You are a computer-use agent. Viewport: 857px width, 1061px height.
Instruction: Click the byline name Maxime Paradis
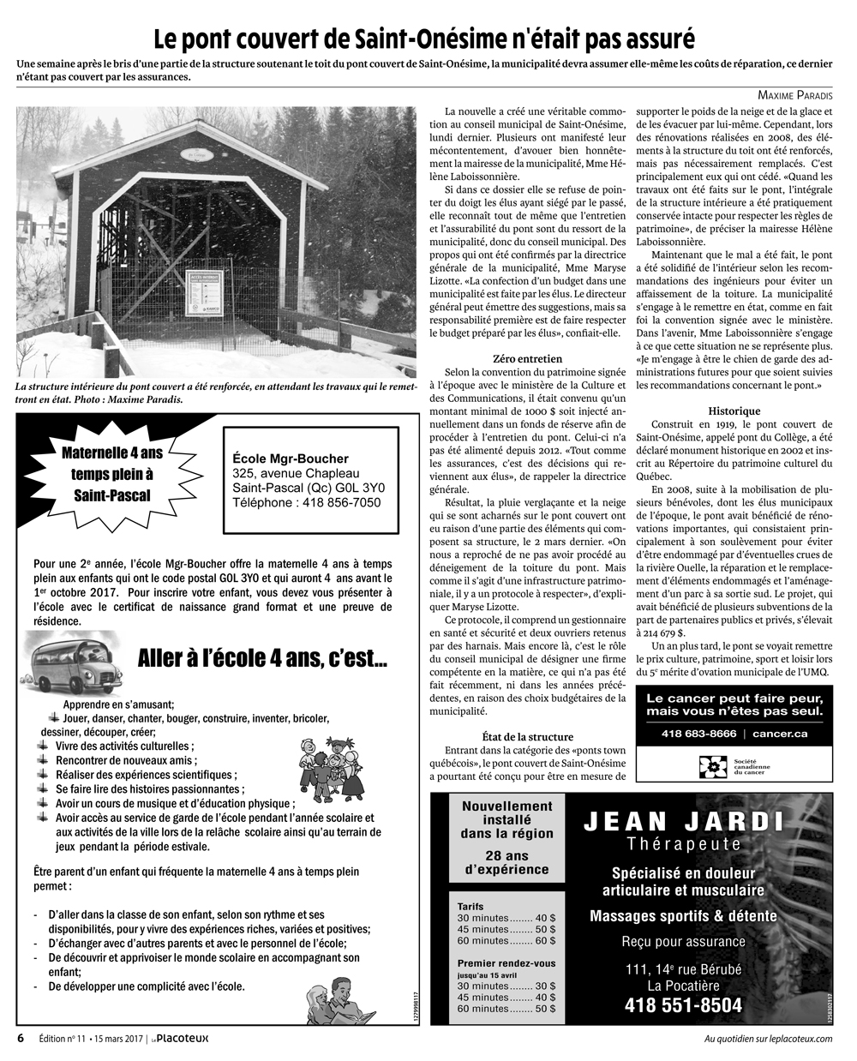[795, 95]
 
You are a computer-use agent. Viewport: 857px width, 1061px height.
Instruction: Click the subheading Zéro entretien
[528, 358]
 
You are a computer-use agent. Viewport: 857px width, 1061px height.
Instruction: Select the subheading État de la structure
[528, 736]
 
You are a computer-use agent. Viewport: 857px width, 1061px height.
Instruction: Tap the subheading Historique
[735, 411]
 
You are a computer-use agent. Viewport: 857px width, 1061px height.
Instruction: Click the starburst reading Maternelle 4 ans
[112, 473]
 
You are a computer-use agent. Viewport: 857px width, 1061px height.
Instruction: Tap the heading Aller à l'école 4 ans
[262, 658]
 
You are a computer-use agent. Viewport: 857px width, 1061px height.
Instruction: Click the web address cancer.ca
[779, 734]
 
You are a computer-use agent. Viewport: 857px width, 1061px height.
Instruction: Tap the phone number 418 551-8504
[683, 1004]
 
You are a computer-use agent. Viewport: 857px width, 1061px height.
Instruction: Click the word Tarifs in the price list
[470, 906]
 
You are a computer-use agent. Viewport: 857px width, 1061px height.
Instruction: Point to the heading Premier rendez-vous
[506, 962]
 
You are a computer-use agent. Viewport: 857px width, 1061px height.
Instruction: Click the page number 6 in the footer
[21, 1039]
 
